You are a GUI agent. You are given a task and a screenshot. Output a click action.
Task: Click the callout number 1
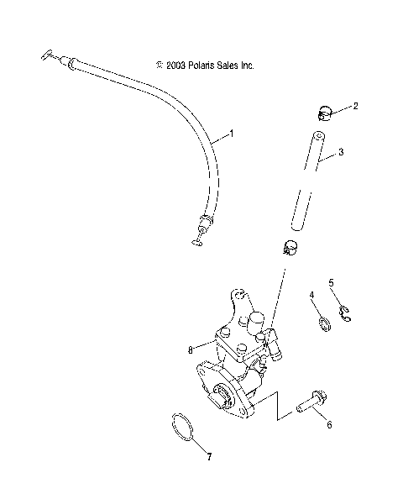pyautogui.click(x=233, y=134)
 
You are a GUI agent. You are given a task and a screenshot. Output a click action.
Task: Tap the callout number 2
pyautogui.click(x=356, y=107)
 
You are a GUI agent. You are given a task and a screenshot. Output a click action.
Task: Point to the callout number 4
pyautogui.click(x=311, y=295)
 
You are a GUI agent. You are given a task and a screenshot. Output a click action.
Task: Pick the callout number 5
pyautogui.click(x=331, y=282)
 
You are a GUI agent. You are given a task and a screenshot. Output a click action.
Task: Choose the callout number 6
pyautogui.click(x=329, y=425)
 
